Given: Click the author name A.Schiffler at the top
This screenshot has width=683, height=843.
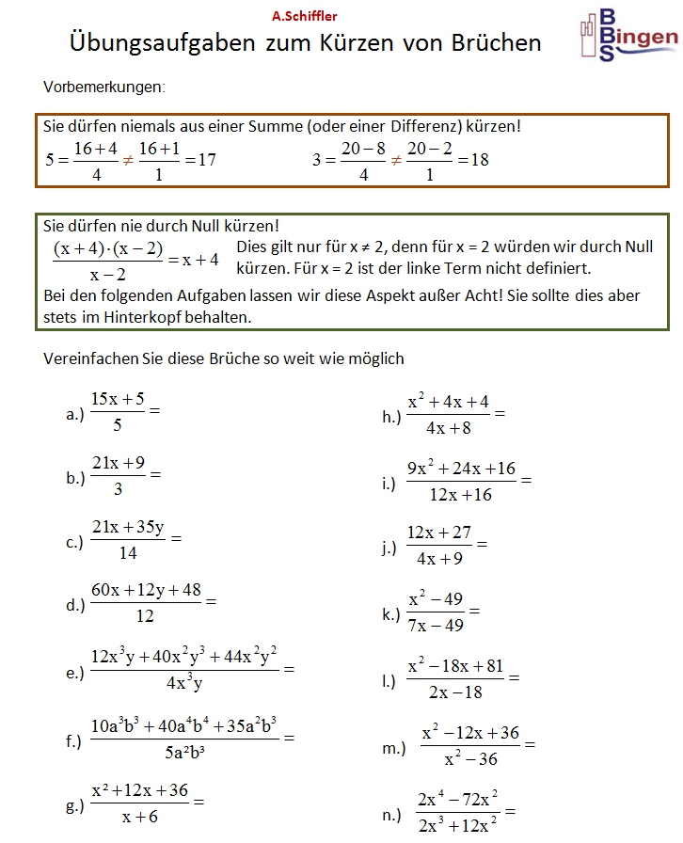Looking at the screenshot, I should point(304,16).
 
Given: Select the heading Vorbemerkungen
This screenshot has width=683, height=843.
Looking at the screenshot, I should point(104,87).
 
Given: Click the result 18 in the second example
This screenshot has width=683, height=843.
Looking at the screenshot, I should point(479,160).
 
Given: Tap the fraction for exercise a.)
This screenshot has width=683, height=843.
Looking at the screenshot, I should point(118,411).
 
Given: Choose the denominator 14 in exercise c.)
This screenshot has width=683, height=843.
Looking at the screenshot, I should point(128,553).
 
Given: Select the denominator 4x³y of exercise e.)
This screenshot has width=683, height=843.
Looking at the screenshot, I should point(184,684).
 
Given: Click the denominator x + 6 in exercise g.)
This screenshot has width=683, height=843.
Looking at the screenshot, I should point(140,818).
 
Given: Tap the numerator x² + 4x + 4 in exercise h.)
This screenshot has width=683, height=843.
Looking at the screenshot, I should point(448,403).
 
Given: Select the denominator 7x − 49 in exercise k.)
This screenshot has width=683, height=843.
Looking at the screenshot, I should point(437,625).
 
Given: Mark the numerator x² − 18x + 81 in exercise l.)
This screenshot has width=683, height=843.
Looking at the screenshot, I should point(455,666).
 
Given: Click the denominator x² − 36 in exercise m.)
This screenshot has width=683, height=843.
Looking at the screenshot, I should point(471,758).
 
